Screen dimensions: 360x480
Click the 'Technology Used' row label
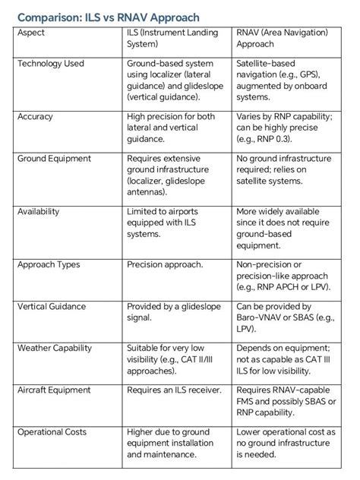[x=51, y=64]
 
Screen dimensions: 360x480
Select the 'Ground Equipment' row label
[x=54, y=159]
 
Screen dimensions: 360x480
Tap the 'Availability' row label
[x=38, y=212]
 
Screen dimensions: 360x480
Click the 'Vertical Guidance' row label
[x=52, y=307]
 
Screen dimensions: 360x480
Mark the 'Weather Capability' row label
[x=55, y=349]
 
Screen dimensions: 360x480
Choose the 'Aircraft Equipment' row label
[x=54, y=390]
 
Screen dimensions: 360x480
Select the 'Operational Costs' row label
[x=52, y=432]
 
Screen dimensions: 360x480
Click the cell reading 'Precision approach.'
[x=165, y=265]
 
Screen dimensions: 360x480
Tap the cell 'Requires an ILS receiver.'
[x=174, y=390]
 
